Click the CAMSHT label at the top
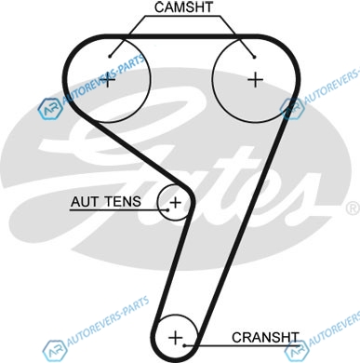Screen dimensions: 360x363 [x=183, y=7]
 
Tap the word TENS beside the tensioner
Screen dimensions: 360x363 [x=122, y=202]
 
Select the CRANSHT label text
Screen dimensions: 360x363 [x=265, y=338]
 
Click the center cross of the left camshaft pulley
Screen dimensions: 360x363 [x=108, y=80]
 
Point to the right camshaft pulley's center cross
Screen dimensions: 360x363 [x=256, y=80]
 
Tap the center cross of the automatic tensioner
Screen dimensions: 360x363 [x=176, y=203]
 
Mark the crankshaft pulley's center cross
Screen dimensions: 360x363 [x=176, y=338]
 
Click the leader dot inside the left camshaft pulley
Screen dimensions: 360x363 [x=110, y=56]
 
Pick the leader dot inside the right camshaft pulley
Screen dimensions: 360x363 [x=254, y=57]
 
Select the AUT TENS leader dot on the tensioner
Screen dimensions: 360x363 [x=167, y=209]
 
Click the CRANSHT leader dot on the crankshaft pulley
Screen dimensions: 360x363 [x=184, y=345]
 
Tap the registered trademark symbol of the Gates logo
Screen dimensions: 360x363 [x=353, y=208]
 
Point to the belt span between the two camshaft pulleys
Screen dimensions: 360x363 [x=181, y=36]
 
